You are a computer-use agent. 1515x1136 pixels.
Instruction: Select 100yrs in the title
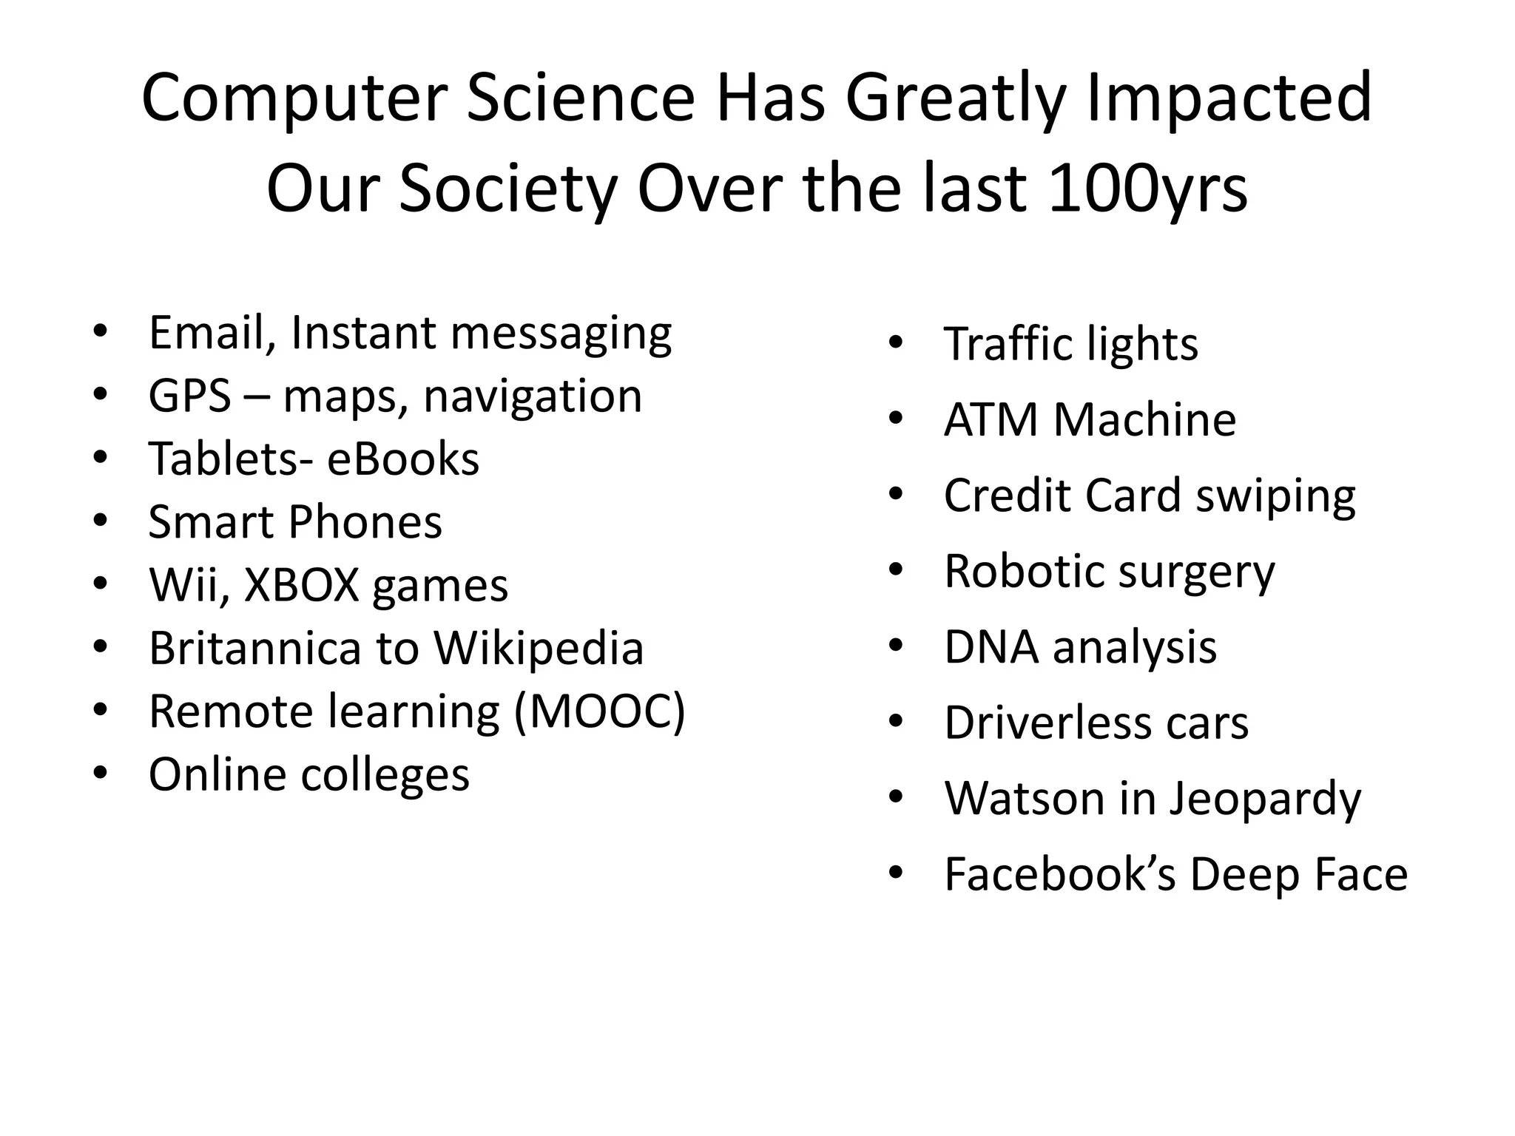(1147, 189)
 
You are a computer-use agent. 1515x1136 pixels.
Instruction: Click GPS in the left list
(190, 396)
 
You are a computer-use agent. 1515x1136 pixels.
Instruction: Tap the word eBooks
(403, 459)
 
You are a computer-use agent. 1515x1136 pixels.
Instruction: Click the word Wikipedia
(538, 649)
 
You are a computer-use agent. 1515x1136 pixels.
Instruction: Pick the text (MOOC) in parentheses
(600, 711)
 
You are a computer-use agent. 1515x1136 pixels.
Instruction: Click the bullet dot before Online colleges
(101, 774)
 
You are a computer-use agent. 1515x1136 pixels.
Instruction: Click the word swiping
(1275, 496)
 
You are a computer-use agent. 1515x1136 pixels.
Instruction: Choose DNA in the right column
(991, 647)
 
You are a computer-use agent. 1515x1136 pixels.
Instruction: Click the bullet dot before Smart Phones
(101, 521)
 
